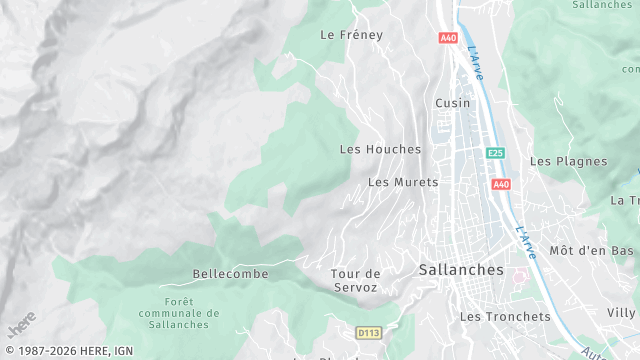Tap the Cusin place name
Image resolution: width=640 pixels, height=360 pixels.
click(452, 103)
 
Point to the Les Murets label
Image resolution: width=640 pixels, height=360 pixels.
click(403, 182)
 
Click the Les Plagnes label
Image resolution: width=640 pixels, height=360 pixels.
click(568, 161)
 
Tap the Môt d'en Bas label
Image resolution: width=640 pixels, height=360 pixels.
click(592, 250)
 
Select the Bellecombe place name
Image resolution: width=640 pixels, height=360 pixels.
click(231, 273)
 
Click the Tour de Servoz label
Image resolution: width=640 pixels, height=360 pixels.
click(356, 280)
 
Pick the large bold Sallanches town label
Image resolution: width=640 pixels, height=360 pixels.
click(461, 269)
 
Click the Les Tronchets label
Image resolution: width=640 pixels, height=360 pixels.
click(505, 316)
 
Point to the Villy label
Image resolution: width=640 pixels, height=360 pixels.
click(621, 313)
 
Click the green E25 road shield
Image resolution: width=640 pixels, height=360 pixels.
click(495, 153)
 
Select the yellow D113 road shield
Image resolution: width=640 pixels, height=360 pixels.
click(369, 331)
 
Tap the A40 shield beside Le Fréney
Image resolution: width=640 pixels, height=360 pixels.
click(447, 38)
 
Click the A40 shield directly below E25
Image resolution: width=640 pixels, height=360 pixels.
click(501, 184)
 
